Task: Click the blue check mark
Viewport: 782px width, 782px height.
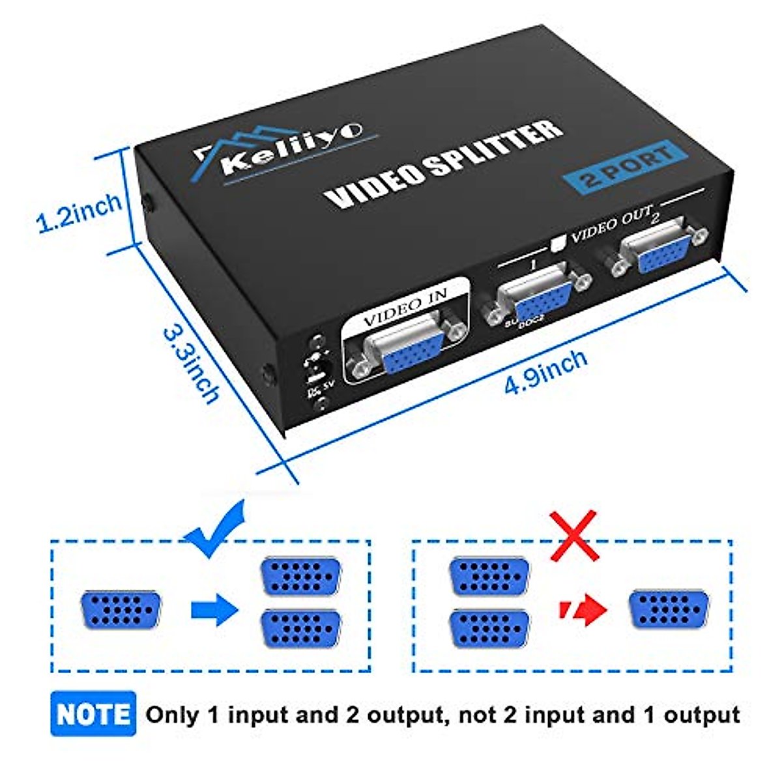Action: [x=216, y=529]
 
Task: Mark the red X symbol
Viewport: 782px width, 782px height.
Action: [x=573, y=536]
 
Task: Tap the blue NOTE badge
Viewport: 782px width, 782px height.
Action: [x=93, y=714]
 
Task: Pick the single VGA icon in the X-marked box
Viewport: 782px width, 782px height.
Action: [x=668, y=610]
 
